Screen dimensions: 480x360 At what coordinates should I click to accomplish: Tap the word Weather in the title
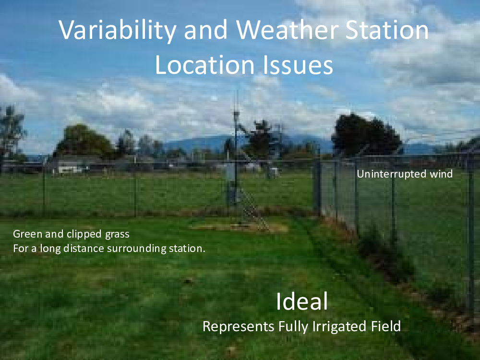[x=287, y=30]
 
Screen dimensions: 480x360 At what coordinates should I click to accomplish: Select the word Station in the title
[x=387, y=30]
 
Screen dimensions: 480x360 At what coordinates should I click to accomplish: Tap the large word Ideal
[x=302, y=301]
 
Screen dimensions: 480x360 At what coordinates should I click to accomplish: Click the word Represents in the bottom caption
[x=238, y=326]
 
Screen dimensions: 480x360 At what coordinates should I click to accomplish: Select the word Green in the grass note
[x=27, y=234]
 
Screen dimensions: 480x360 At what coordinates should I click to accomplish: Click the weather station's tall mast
[x=236, y=153]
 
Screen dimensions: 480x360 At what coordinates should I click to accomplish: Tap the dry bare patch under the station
[x=239, y=227]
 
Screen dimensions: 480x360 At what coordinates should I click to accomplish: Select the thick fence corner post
[x=317, y=187]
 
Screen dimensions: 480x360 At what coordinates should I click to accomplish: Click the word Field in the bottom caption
[x=386, y=326]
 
